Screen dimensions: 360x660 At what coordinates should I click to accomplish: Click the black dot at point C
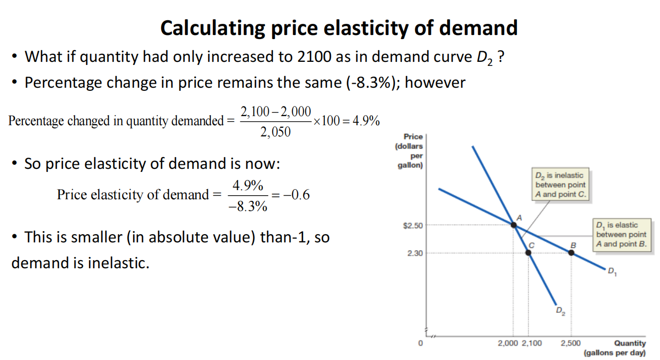(x=528, y=252)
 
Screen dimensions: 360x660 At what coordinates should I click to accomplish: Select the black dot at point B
(x=571, y=252)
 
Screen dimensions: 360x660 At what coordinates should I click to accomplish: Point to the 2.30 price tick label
(x=415, y=253)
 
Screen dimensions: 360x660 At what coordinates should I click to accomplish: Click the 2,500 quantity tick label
(x=570, y=343)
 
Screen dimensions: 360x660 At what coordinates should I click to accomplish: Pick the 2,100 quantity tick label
(x=531, y=343)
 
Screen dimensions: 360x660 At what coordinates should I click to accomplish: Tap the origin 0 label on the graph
(x=420, y=343)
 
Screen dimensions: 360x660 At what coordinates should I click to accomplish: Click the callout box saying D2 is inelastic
(x=560, y=185)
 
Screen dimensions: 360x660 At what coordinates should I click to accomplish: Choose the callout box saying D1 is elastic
(x=621, y=234)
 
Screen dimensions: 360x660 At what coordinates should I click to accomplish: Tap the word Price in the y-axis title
(x=413, y=136)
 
